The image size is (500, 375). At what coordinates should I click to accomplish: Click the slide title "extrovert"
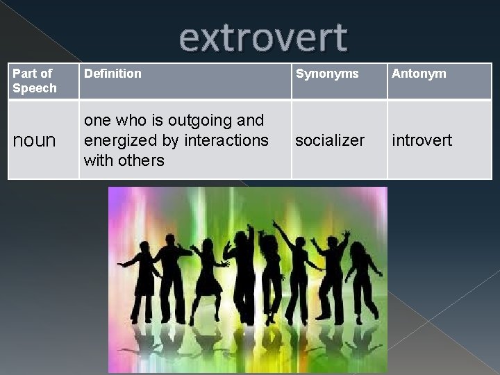pos(263,38)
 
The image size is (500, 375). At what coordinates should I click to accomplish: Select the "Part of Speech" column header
pos(35,81)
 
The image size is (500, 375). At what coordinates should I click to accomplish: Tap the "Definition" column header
pos(112,73)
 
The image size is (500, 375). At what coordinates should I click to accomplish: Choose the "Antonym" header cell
pos(419,73)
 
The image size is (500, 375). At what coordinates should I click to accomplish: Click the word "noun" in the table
pos(35,140)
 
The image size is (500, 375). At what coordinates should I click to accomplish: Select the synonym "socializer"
pos(329,140)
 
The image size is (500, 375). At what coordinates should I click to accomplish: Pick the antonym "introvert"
pos(422,140)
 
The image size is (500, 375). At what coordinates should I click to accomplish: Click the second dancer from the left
pos(171,278)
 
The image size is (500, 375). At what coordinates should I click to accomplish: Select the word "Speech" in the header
pos(35,88)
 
